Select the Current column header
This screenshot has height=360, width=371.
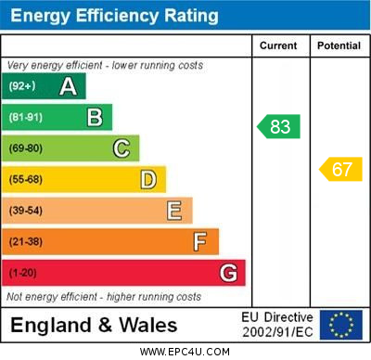[x=278, y=45]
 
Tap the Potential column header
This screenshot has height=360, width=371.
[x=339, y=45]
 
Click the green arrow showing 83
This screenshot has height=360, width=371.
[x=279, y=126]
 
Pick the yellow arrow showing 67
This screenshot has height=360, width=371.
[x=340, y=169]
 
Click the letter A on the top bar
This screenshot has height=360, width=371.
[x=68, y=86]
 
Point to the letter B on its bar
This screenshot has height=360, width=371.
[x=95, y=117]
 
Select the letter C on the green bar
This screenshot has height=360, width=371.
[x=121, y=148]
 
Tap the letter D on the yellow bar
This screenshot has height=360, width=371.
[x=147, y=179]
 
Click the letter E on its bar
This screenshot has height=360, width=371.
[x=173, y=211]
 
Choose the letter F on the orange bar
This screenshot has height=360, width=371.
[x=199, y=242]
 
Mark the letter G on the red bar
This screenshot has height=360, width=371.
[x=227, y=274]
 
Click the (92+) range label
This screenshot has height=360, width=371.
[x=22, y=87]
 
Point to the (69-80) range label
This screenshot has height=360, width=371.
[x=26, y=148]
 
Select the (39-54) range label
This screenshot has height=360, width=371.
[x=26, y=212]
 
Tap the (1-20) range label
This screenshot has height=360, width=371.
[x=23, y=274]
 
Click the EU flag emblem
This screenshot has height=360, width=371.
[x=341, y=325]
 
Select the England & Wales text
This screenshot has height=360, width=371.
[x=94, y=326]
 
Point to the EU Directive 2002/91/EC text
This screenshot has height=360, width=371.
[x=277, y=325]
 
